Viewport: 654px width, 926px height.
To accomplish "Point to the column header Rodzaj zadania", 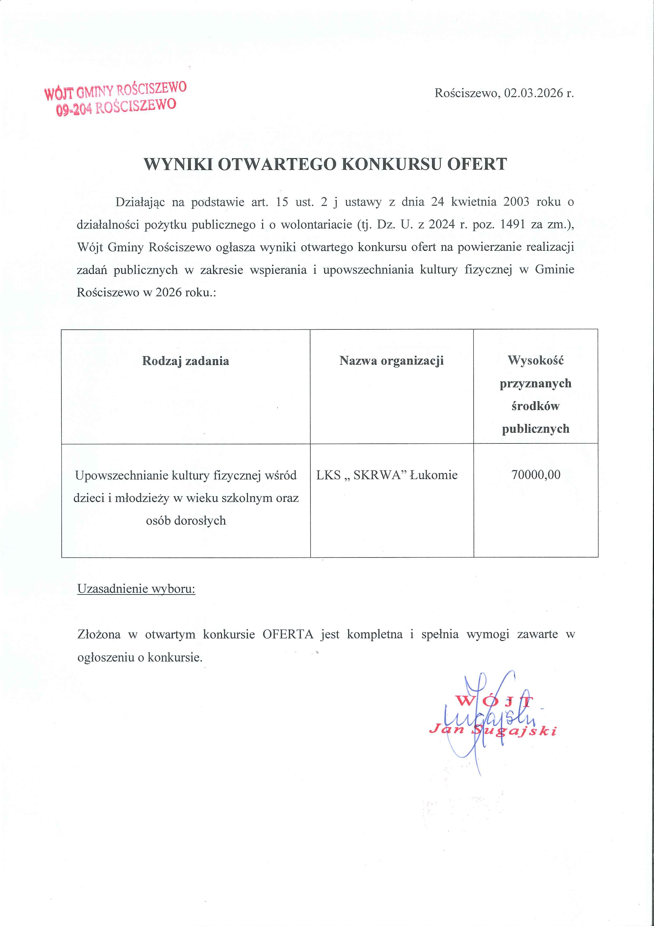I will [185, 361].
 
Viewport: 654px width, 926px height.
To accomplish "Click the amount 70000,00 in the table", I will [536, 475].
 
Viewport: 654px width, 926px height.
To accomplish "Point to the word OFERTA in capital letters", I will [288, 634].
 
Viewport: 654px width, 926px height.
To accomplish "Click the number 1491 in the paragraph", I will [513, 224].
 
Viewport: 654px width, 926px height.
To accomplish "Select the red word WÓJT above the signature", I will [495, 701].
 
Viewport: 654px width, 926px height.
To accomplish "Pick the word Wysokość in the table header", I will [536, 360].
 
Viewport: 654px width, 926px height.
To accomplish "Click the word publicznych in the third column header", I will [536, 429].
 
